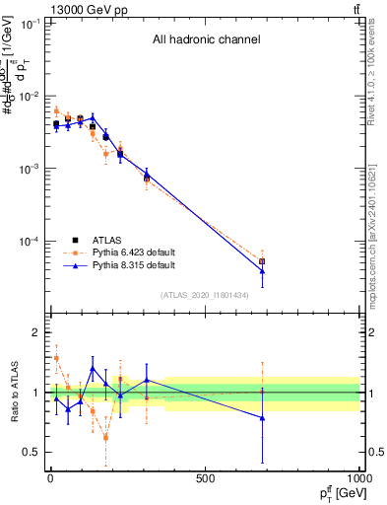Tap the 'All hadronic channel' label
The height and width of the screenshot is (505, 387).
(x=206, y=40)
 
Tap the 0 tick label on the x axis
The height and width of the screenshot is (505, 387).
(x=50, y=480)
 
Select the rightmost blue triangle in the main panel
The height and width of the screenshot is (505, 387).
(x=262, y=271)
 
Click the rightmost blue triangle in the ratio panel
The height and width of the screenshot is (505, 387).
(x=262, y=418)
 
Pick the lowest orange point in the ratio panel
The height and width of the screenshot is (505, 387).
(x=105, y=437)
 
